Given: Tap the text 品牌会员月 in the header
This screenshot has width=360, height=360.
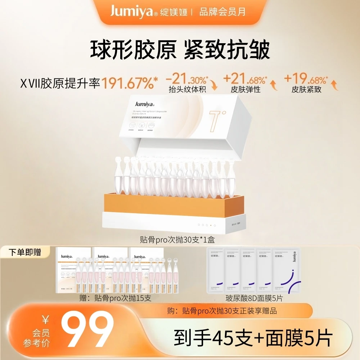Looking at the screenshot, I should click(x=222, y=12).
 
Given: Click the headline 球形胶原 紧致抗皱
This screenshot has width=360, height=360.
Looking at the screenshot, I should click(x=180, y=50).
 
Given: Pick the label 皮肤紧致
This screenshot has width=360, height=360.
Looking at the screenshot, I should click(x=307, y=89).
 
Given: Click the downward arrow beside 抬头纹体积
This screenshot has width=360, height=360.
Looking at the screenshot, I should click(x=215, y=85).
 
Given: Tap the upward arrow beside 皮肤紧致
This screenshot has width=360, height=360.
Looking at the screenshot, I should click(x=334, y=85).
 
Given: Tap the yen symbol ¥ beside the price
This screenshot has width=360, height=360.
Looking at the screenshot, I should click(x=45, y=319).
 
